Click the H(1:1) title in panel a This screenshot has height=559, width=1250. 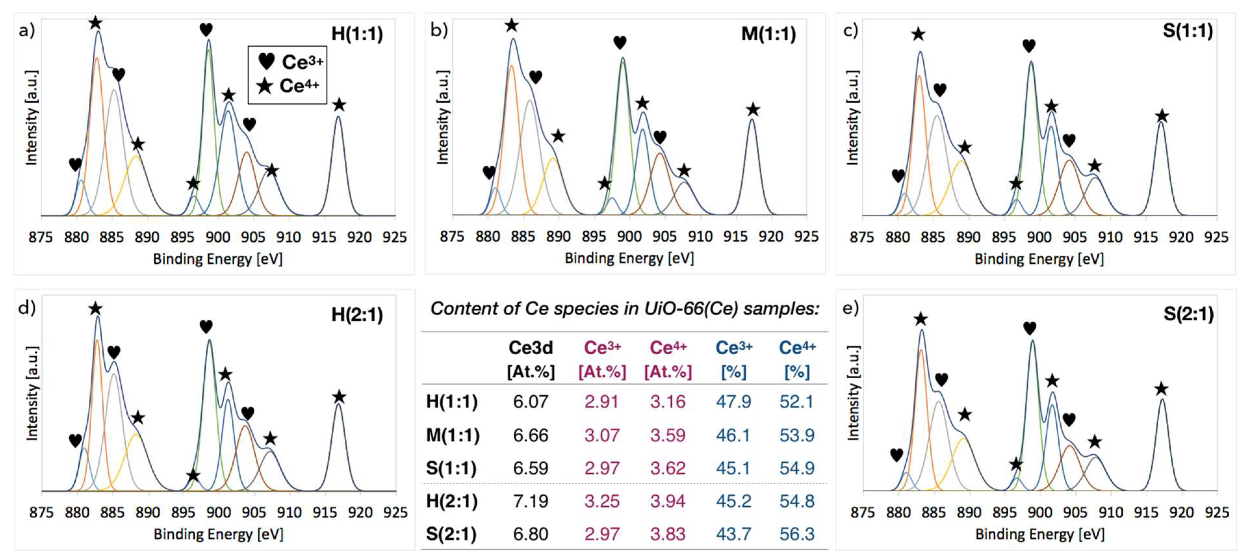357,34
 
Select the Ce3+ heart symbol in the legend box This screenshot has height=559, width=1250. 266,62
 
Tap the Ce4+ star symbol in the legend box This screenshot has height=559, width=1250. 265,86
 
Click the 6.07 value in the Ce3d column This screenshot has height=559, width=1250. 530,402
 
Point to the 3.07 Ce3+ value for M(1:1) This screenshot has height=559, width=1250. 602,435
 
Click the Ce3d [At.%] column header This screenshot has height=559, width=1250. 530,359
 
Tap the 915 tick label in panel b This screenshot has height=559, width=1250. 735,237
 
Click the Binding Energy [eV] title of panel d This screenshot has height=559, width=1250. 218,534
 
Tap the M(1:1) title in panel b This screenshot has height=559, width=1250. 768,34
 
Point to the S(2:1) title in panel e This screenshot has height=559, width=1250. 1188,314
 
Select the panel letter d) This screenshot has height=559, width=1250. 27,308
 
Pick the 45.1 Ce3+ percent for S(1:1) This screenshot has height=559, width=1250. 733,468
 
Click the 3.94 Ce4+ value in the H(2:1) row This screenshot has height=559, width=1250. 668,501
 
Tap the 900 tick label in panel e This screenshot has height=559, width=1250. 1040,513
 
